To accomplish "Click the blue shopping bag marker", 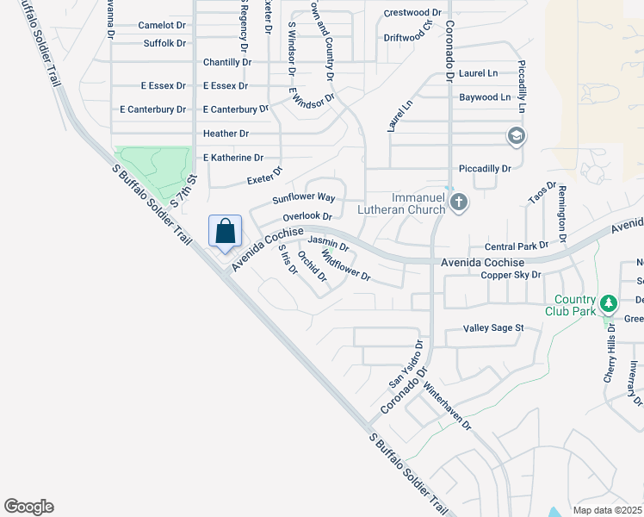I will click(225, 231).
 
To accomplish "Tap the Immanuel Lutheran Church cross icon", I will click(459, 202).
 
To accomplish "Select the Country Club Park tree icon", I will click(609, 302).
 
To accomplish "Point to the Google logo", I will click(28, 507).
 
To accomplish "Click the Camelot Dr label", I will click(162, 26).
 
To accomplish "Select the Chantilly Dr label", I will click(227, 63).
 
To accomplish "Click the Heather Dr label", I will click(226, 134).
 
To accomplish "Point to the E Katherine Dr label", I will click(232, 158).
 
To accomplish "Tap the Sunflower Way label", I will click(304, 198).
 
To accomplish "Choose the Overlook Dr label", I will click(307, 215).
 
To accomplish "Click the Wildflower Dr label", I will click(345, 265).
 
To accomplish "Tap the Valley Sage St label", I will click(493, 328).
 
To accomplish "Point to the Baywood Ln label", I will click(485, 97).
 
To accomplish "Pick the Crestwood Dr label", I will click(412, 13).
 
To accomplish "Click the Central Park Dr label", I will click(517, 246).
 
